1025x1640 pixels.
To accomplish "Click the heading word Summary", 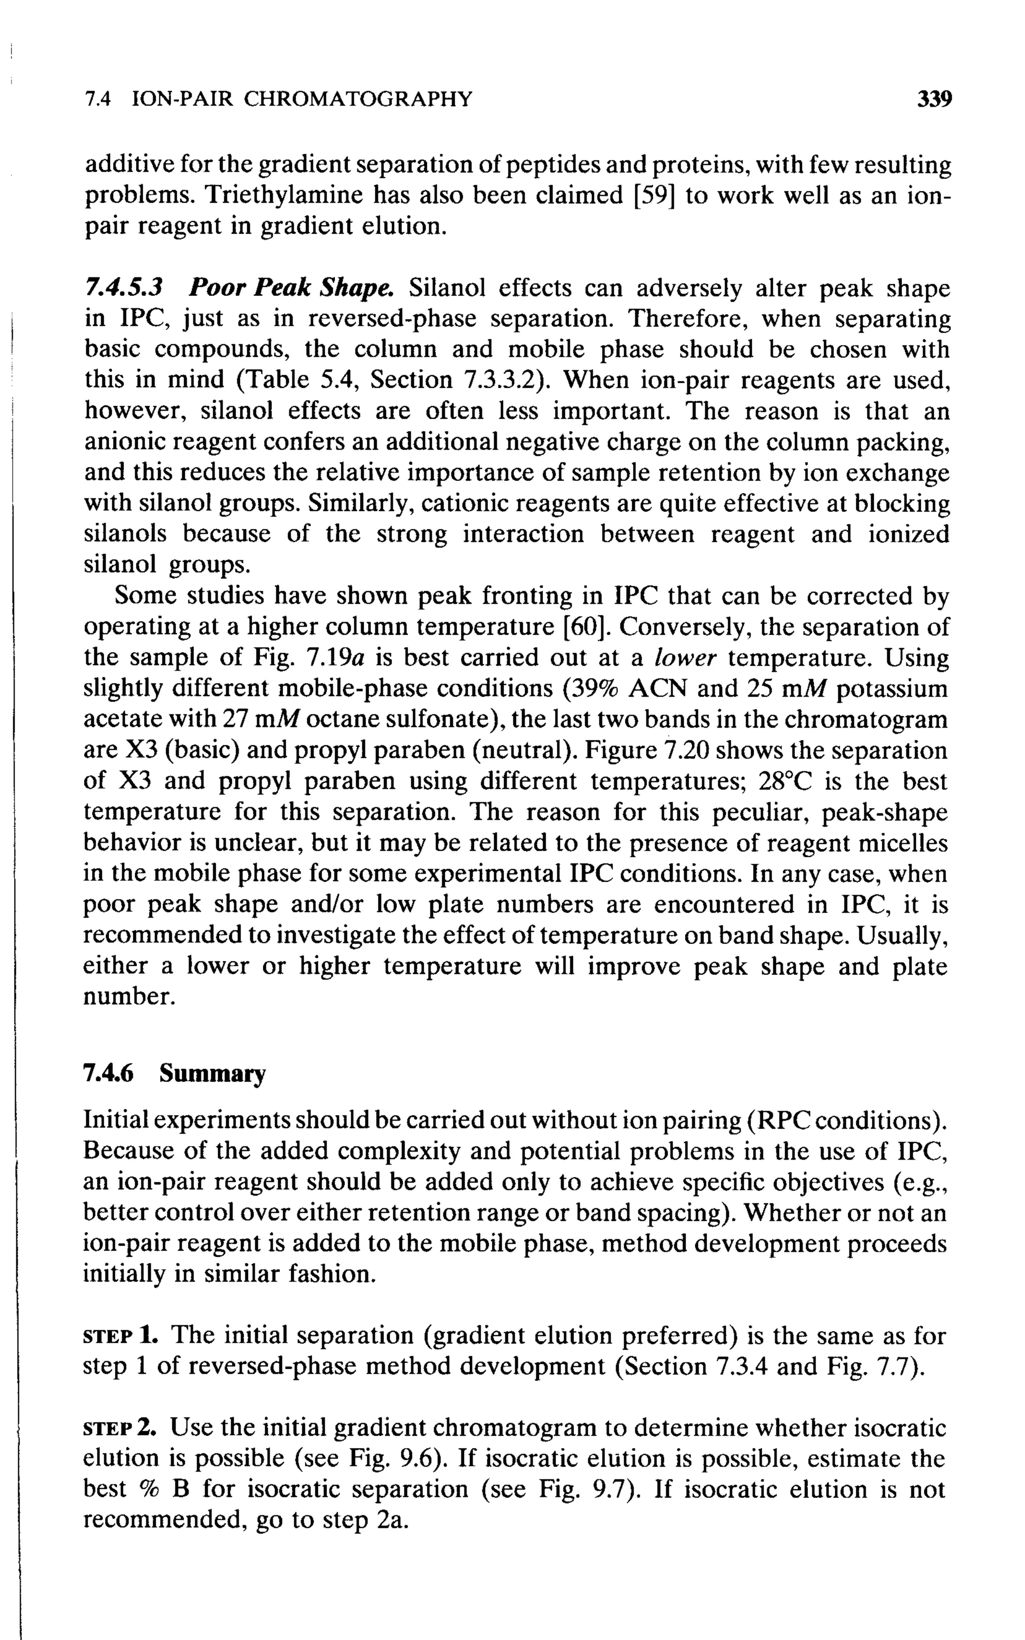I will [213, 1073].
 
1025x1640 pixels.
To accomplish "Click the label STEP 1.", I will [119, 1335].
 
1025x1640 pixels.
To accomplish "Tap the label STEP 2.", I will [119, 1428].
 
